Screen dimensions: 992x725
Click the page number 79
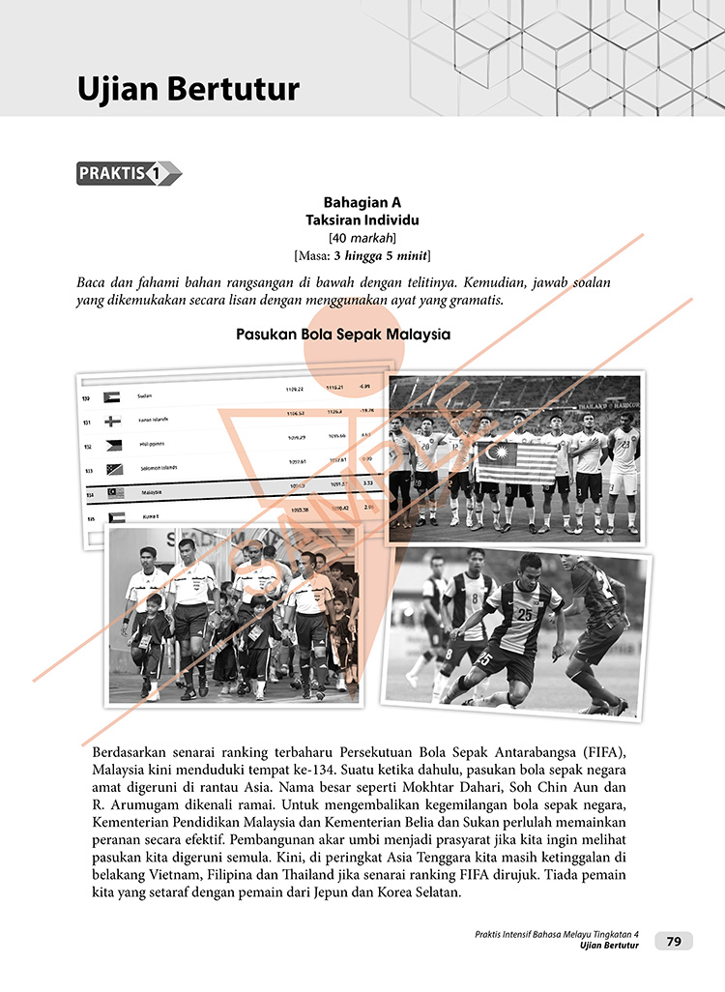674,941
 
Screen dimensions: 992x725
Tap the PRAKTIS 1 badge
128,174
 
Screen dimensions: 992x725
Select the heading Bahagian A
362,203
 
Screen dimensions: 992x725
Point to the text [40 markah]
362,238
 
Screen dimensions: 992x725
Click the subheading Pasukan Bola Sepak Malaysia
343,336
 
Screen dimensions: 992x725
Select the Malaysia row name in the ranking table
152,492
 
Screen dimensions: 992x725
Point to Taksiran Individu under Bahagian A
362,220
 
